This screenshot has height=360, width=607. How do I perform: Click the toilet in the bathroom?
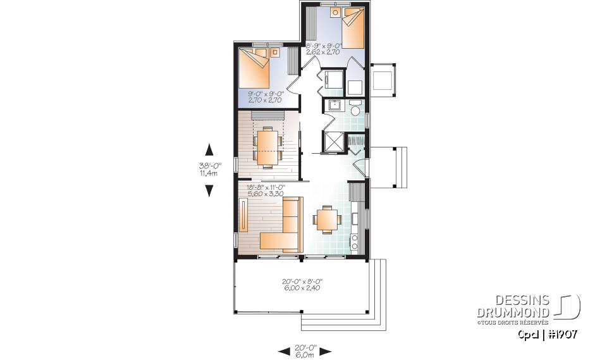355,111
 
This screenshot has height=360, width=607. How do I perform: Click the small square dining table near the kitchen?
327,220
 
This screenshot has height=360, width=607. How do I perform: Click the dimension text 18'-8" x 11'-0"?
266,187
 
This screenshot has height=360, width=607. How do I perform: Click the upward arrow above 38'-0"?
209,150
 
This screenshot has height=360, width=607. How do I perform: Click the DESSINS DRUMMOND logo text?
522,306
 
